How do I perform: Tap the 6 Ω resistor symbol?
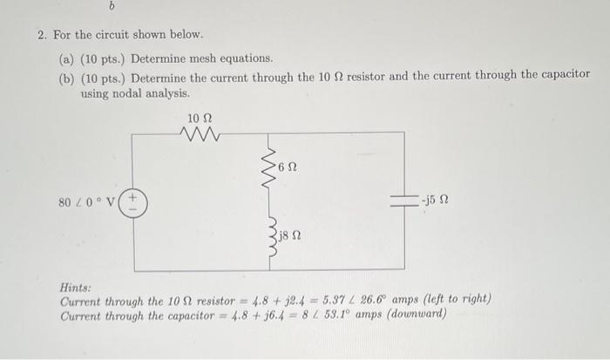[x=272, y=166]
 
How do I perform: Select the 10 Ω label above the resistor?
[x=200, y=116]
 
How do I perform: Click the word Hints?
[x=77, y=286]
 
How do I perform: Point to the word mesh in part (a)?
[x=204, y=58]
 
